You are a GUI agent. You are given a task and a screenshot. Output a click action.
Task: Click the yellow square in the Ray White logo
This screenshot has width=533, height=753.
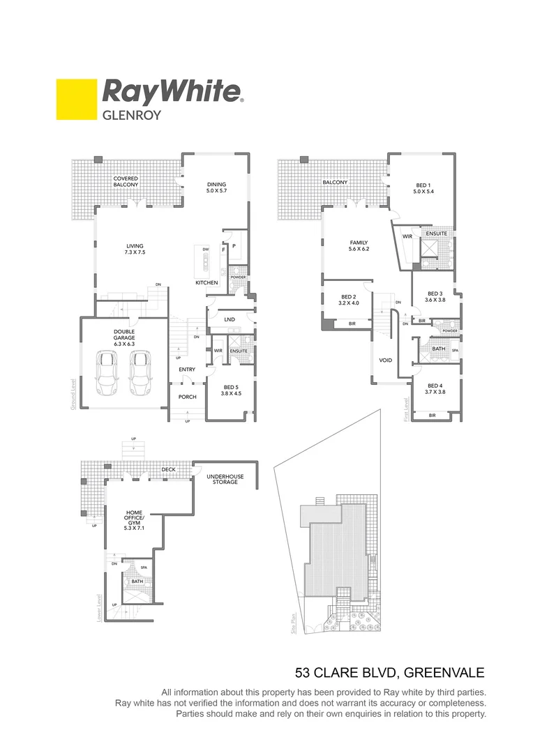pos(76,100)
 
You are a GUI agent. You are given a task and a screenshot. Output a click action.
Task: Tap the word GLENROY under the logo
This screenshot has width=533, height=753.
pos(132,115)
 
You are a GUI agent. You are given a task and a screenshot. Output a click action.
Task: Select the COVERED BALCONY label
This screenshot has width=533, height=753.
pos(126,182)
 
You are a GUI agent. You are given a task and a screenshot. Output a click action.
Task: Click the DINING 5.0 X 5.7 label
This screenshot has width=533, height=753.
pos(217,187)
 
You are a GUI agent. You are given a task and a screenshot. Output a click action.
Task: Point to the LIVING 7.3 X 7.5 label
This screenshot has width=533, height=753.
pos(135,249)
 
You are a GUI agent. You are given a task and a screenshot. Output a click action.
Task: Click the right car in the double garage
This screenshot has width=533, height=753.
pos(140,372)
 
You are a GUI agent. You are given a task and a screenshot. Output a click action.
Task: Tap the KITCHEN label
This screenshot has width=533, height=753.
pos(207,282)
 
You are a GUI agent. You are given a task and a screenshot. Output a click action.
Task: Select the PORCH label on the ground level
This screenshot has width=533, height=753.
pos(187,397)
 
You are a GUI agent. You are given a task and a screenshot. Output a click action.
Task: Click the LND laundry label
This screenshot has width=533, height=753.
pos(230,319)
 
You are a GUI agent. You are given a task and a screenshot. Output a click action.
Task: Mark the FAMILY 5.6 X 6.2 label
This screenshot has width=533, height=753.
pos(359,245)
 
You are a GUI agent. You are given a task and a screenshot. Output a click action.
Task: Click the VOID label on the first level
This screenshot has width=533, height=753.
pos(385,360)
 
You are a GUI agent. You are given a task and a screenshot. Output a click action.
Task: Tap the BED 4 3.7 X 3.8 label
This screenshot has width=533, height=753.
pos(435,388)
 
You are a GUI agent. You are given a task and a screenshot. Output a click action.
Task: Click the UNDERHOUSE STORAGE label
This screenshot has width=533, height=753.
pos(225,479)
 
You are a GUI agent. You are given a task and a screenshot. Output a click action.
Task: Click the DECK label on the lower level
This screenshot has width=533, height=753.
pos(168,469)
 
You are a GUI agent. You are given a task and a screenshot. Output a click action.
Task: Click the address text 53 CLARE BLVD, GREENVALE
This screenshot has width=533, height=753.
pos(389,673)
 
